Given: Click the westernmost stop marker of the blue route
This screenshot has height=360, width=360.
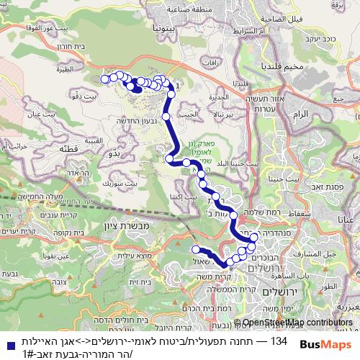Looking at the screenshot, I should pos(105,78).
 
